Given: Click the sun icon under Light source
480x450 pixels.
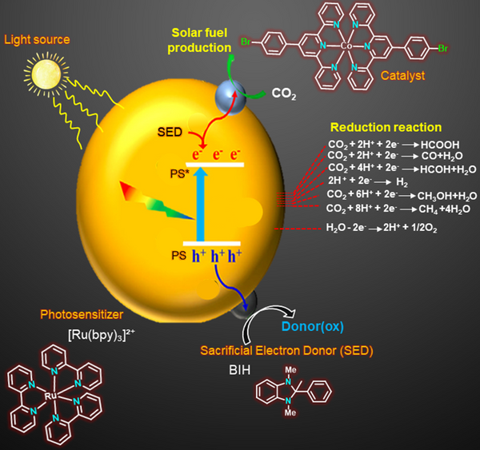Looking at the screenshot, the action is click(x=46, y=74).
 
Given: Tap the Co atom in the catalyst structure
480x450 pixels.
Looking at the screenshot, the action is click(x=346, y=46).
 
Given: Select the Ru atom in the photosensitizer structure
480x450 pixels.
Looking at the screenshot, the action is click(x=50, y=396).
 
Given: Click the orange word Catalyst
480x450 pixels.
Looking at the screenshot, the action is click(x=402, y=76).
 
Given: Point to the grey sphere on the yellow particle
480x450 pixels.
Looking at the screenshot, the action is click(x=230, y=96).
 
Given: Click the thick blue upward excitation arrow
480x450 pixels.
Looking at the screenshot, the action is click(x=200, y=205).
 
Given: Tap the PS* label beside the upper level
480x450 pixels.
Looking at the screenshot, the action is click(x=180, y=173).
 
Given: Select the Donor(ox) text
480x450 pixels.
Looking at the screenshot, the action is click(x=313, y=326).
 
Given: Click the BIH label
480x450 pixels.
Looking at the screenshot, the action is click(x=240, y=370).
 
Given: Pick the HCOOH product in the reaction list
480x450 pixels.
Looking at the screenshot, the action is click(x=440, y=145).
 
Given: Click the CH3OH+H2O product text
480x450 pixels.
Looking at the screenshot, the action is click(x=447, y=196).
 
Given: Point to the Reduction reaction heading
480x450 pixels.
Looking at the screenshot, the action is click(x=386, y=127).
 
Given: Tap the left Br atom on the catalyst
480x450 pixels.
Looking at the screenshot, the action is click(x=246, y=42).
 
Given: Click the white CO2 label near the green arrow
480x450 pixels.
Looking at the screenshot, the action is click(x=284, y=94).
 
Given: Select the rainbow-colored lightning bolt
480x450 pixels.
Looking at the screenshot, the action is click(x=157, y=200).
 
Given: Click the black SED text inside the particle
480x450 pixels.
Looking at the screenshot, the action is click(x=170, y=132).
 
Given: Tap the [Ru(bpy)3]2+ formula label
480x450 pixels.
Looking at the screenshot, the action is click(x=102, y=335).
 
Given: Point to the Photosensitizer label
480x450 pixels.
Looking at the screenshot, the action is click(x=82, y=314).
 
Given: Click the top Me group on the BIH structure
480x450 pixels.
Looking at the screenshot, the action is click(x=290, y=370).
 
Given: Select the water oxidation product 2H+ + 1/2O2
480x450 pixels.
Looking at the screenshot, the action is click(x=410, y=228).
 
